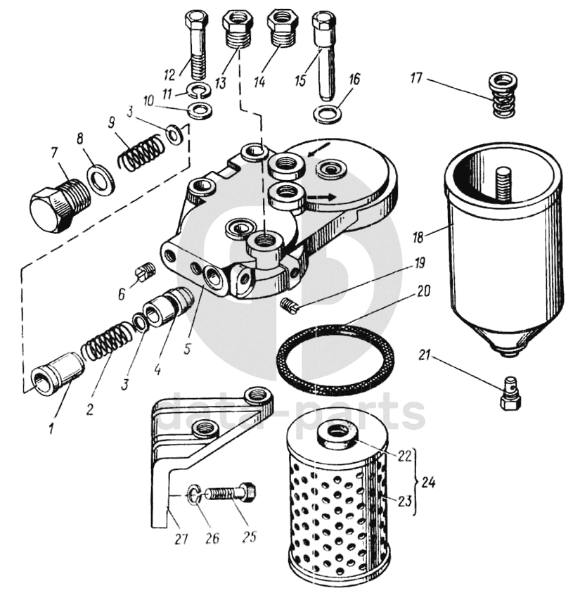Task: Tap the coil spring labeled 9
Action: (143, 152)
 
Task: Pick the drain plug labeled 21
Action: (510, 395)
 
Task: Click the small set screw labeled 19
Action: (289, 304)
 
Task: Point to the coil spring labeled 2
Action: (105, 342)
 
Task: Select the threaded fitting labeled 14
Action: (283, 28)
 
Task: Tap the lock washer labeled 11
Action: (200, 91)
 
